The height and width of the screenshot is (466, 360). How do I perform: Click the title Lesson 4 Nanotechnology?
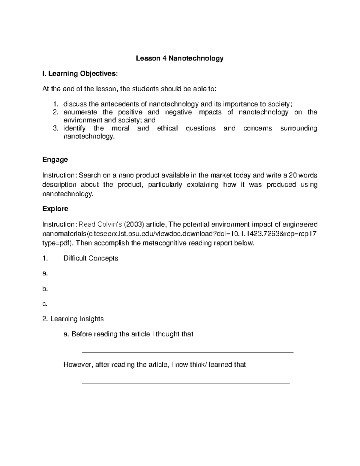(x=180, y=58)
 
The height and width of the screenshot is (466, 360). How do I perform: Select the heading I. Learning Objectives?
(x=80, y=74)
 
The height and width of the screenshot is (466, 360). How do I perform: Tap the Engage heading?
(x=55, y=160)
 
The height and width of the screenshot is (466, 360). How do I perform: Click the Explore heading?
(x=55, y=209)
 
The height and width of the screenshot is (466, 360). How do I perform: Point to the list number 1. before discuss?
(x=55, y=104)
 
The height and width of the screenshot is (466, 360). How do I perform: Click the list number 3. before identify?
(x=55, y=128)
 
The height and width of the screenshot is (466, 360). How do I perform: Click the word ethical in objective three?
(x=167, y=128)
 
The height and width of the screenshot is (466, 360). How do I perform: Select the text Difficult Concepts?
(x=91, y=258)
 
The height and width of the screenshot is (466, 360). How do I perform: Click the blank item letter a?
(x=45, y=274)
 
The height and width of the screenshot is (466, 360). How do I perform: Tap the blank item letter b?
(x=45, y=289)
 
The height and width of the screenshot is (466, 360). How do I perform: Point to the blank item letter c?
(x=45, y=304)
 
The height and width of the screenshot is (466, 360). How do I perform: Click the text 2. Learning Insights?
(x=73, y=319)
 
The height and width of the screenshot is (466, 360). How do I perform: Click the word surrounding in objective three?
(x=298, y=128)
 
